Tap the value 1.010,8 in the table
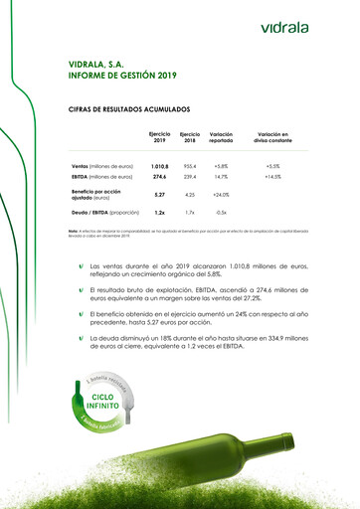tap(159, 165)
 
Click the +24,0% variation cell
tap(221, 195)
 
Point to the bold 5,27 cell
tap(159, 195)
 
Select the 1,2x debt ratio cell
tap(159, 212)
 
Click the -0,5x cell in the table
tap(221, 212)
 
